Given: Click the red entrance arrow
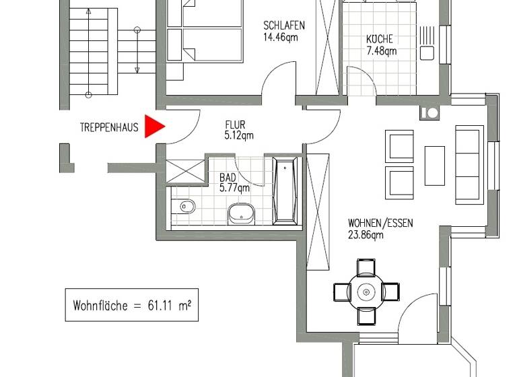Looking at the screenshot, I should coord(155,127).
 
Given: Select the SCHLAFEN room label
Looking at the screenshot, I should coord(283,26).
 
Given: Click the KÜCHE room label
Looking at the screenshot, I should coord(380,39).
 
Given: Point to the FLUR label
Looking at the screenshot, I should coord(235,125).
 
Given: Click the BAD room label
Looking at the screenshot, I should coord(228,178).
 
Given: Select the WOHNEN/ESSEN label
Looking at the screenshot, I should coord(380,224).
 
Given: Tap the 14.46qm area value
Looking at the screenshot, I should coord(281,38).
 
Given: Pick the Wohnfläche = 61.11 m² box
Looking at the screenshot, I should coord(131,305).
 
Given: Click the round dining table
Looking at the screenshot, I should coord(366,292).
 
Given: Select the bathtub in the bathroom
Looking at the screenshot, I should coord(285,191).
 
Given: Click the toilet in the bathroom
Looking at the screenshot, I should coord(184,207).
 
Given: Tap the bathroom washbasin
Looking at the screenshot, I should coord(240,213).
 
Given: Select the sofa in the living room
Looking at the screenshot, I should coord(469,164).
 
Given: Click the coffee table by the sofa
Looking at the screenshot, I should coord(435,165).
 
